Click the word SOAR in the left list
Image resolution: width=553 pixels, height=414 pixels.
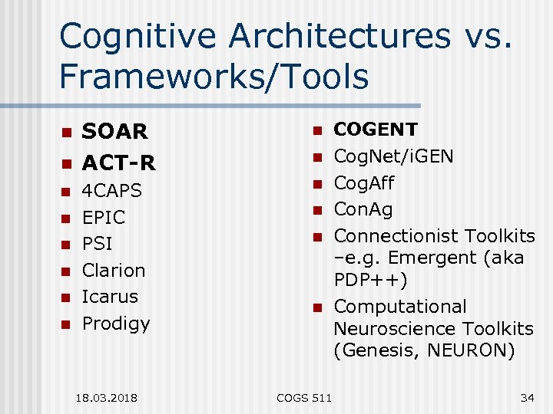coord(114,132)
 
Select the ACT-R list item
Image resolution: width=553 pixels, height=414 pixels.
coord(118,163)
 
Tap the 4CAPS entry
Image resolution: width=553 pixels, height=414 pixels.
coord(112,190)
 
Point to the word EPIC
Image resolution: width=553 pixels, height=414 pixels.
coord(103,217)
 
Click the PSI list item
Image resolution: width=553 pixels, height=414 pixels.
coord(97,244)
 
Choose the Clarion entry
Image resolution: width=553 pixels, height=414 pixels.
coord(114,270)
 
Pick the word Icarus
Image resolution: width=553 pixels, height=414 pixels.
coord(110,296)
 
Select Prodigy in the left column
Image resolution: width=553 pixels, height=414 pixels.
coord(116,324)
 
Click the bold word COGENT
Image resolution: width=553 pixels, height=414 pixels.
coord(376,130)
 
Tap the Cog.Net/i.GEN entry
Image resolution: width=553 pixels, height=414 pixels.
coord(393,156)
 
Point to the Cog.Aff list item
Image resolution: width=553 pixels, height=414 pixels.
coord(363,183)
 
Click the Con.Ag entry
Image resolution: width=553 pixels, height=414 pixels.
coord(363,209)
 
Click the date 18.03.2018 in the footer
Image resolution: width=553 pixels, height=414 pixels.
coord(108,396)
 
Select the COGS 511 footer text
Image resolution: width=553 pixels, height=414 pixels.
coord(303,396)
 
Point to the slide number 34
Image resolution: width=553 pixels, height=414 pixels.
coord(527,396)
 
